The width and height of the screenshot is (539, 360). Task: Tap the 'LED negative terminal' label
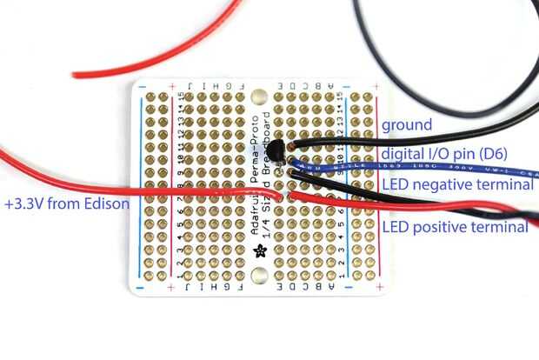pyautogui.click(x=457, y=185)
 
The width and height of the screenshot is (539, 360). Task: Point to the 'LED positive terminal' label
pyautogui.click(x=455, y=227)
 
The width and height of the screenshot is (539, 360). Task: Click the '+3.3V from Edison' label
pyautogui.click(x=66, y=204)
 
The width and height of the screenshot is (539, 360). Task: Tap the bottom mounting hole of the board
pyautogui.click(x=258, y=277)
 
